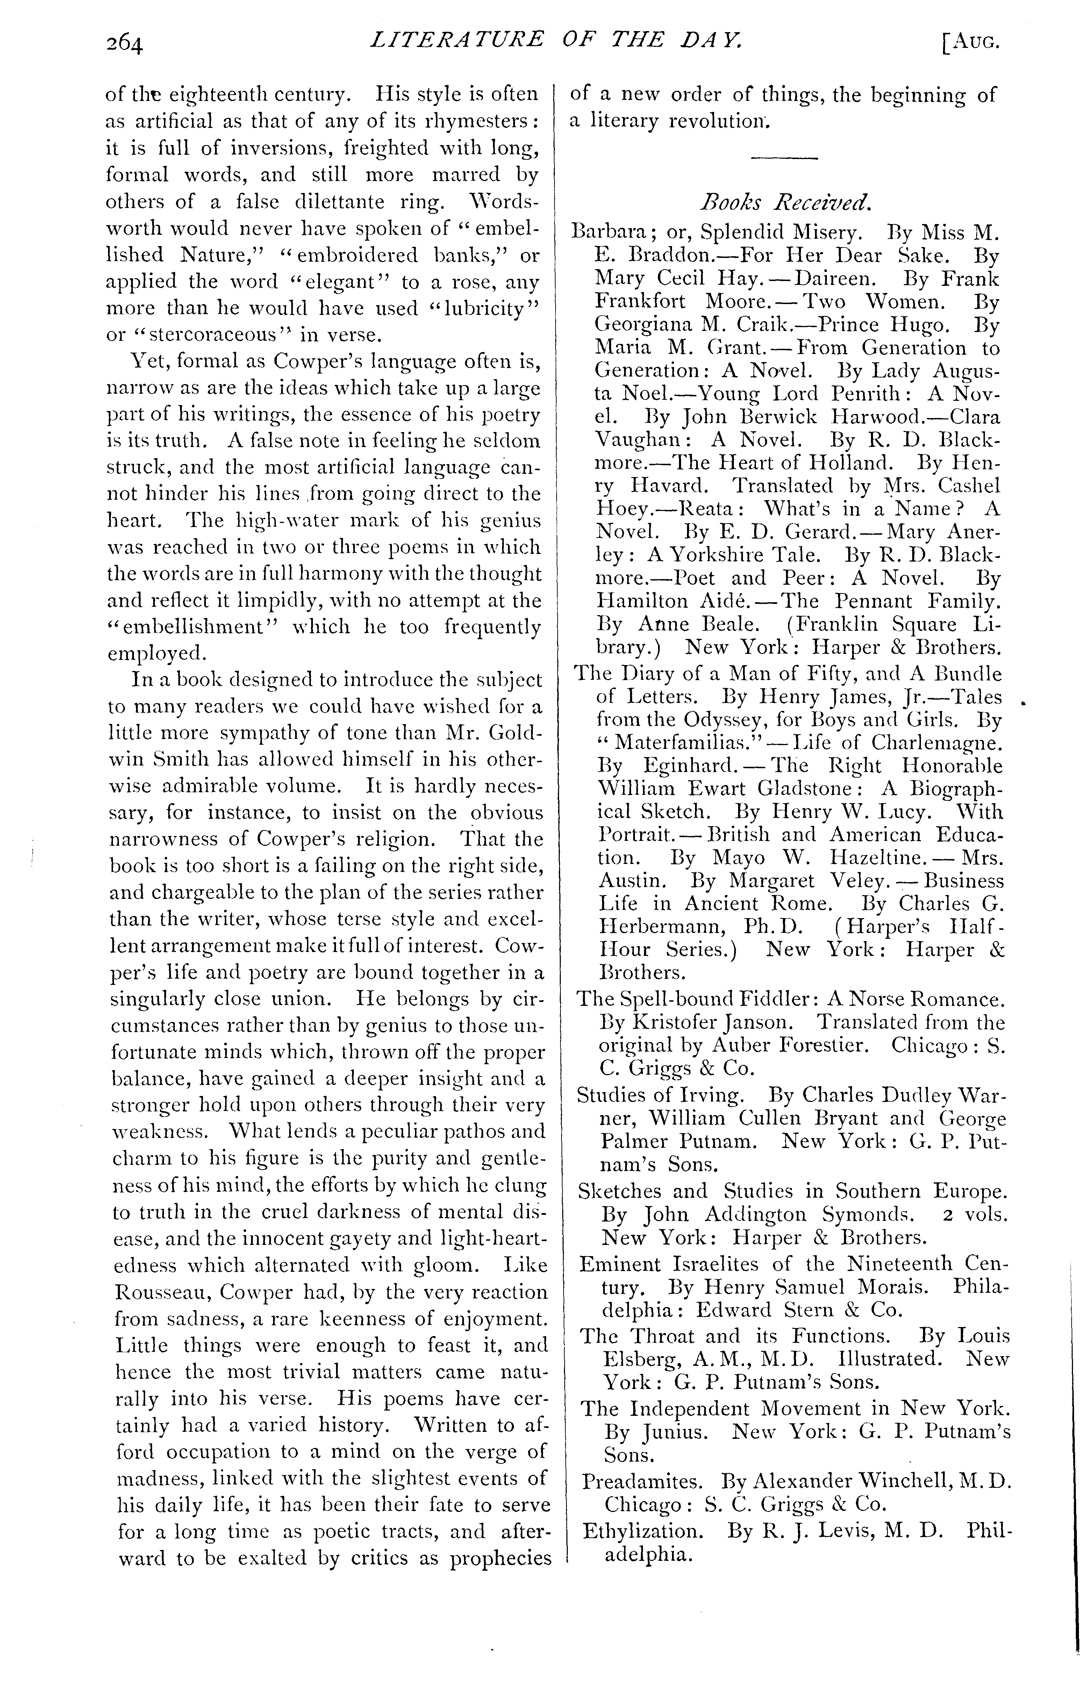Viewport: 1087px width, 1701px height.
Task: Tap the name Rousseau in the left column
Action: pos(163,1292)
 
